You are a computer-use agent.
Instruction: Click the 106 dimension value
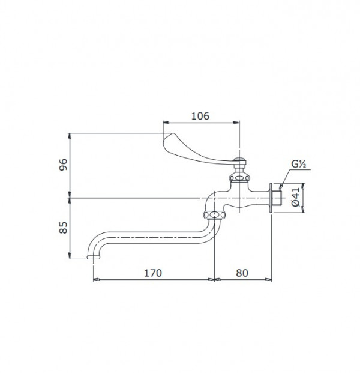point(200,116)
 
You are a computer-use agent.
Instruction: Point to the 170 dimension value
point(154,273)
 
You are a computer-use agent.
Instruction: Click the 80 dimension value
point(242,273)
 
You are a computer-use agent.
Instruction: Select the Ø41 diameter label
point(295,197)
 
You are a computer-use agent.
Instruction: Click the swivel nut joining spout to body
point(213,215)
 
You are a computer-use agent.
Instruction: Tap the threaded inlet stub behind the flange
point(277,197)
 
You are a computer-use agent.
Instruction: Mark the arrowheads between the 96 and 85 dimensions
point(71,197)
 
